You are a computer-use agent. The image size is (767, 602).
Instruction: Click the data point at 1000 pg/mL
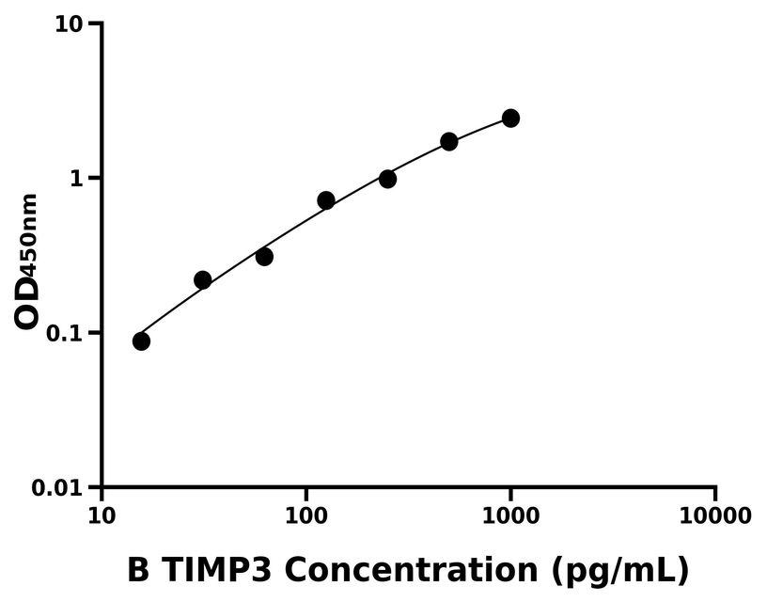(x=510, y=118)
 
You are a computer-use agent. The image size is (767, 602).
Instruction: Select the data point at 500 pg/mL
(x=449, y=141)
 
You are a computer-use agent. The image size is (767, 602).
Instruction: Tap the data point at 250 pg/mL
(x=387, y=179)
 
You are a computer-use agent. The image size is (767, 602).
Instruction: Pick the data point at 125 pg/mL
(x=326, y=200)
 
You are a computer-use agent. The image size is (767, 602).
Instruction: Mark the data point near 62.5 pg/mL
(x=264, y=257)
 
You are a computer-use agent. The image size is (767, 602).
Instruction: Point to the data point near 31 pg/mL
(x=202, y=280)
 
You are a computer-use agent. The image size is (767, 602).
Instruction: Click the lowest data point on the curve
(x=141, y=341)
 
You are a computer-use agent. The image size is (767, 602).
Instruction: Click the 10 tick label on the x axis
(x=102, y=515)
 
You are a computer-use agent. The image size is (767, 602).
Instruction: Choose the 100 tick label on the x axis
(x=305, y=515)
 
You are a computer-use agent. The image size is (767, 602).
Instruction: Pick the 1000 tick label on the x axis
(x=510, y=515)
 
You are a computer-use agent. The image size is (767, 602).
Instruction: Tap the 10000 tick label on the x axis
(x=715, y=515)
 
